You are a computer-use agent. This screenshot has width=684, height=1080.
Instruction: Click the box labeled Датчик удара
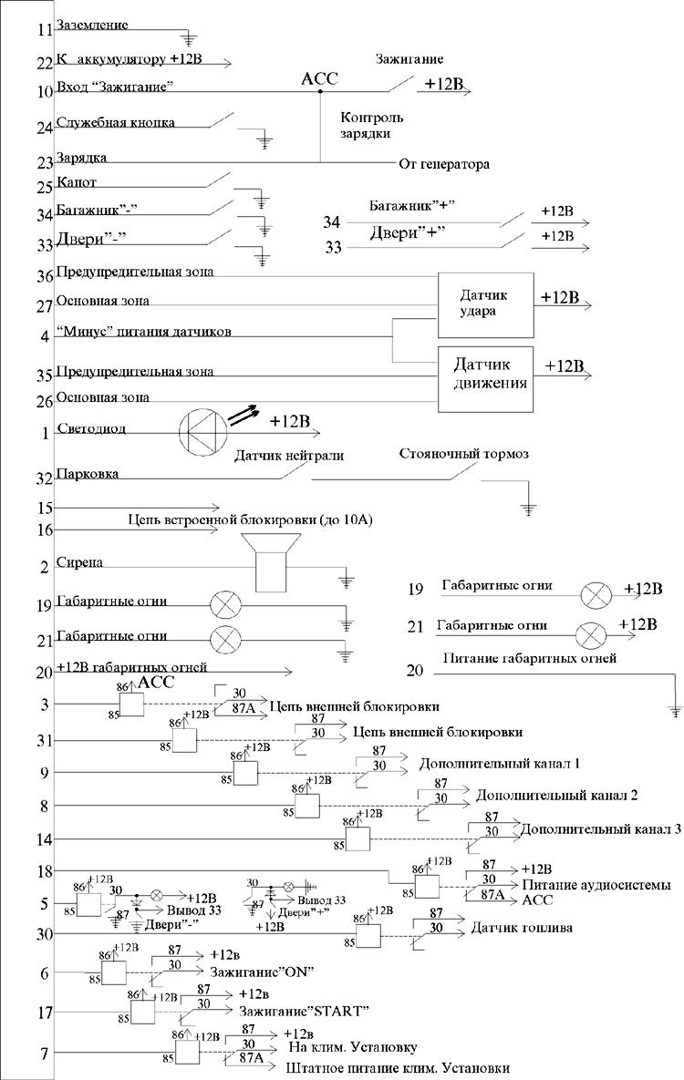point(484,304)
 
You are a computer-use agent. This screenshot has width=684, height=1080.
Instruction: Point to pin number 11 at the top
point(46,31)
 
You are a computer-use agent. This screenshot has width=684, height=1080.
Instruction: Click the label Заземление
point(92,25)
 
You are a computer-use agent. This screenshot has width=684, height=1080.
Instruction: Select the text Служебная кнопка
point(115,122)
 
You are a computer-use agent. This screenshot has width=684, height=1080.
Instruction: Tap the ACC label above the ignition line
point(319,78)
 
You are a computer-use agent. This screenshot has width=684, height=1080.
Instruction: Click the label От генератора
point(444,165)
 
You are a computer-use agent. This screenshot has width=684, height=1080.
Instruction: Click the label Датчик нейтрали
point(290,456)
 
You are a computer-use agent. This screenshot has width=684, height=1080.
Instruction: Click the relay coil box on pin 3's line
point(132,705)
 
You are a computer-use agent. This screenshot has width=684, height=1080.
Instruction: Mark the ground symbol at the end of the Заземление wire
point(191,39)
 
